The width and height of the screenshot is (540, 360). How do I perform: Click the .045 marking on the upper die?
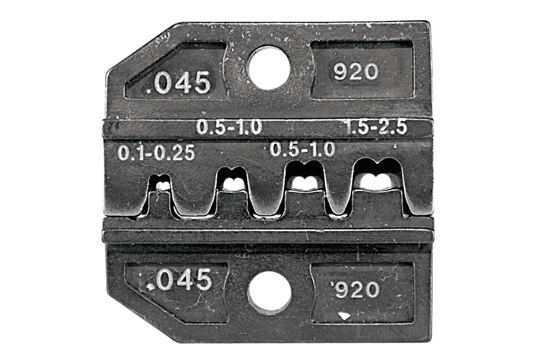coord(178,83)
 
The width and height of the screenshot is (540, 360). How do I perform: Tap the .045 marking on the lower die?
coord(178,280)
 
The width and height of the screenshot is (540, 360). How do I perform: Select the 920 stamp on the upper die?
coord(356,72)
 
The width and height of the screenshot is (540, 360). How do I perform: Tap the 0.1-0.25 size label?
coord(157,152)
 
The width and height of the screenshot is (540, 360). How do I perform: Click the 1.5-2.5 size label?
coord(376,127)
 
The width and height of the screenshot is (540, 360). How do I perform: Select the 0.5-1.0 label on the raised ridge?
coord(229,127)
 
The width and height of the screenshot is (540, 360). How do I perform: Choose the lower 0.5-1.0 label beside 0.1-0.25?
coord(302,149)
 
